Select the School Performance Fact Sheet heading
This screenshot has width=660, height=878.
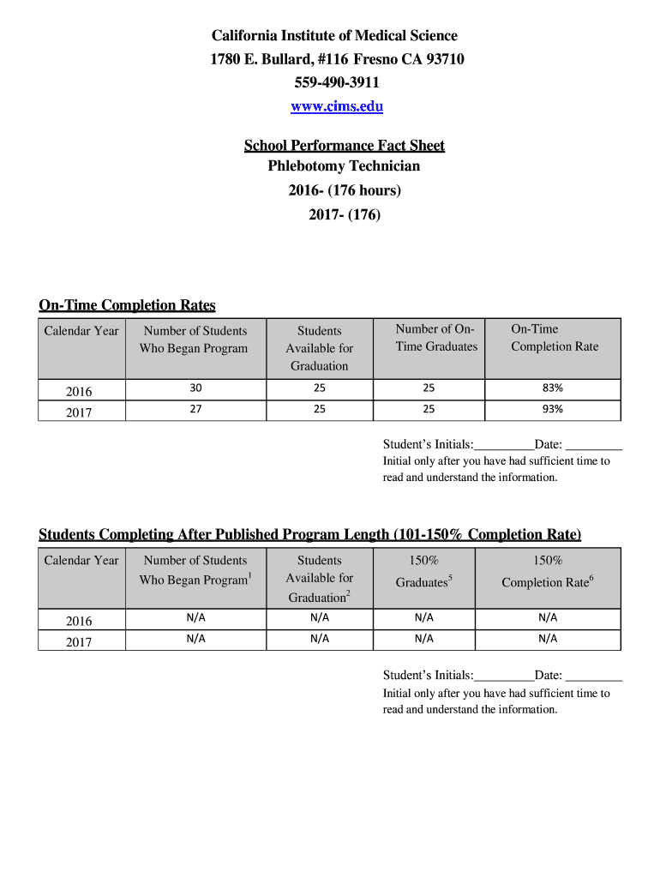344,145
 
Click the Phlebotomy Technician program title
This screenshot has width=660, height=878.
344,166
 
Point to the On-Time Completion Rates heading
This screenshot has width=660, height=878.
127,305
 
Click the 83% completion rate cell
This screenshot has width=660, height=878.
552,388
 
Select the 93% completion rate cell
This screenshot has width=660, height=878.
552,409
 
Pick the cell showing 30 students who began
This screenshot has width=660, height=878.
195,388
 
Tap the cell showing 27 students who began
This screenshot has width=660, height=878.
195,409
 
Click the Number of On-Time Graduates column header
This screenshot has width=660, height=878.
436,338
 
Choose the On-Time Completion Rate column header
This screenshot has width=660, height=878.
554,338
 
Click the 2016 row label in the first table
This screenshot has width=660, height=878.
79,391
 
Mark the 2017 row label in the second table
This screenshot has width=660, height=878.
79,641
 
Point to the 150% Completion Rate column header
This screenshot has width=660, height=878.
548,571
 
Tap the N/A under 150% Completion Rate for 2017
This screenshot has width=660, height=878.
548,638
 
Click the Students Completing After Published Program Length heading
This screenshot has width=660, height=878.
309,535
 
